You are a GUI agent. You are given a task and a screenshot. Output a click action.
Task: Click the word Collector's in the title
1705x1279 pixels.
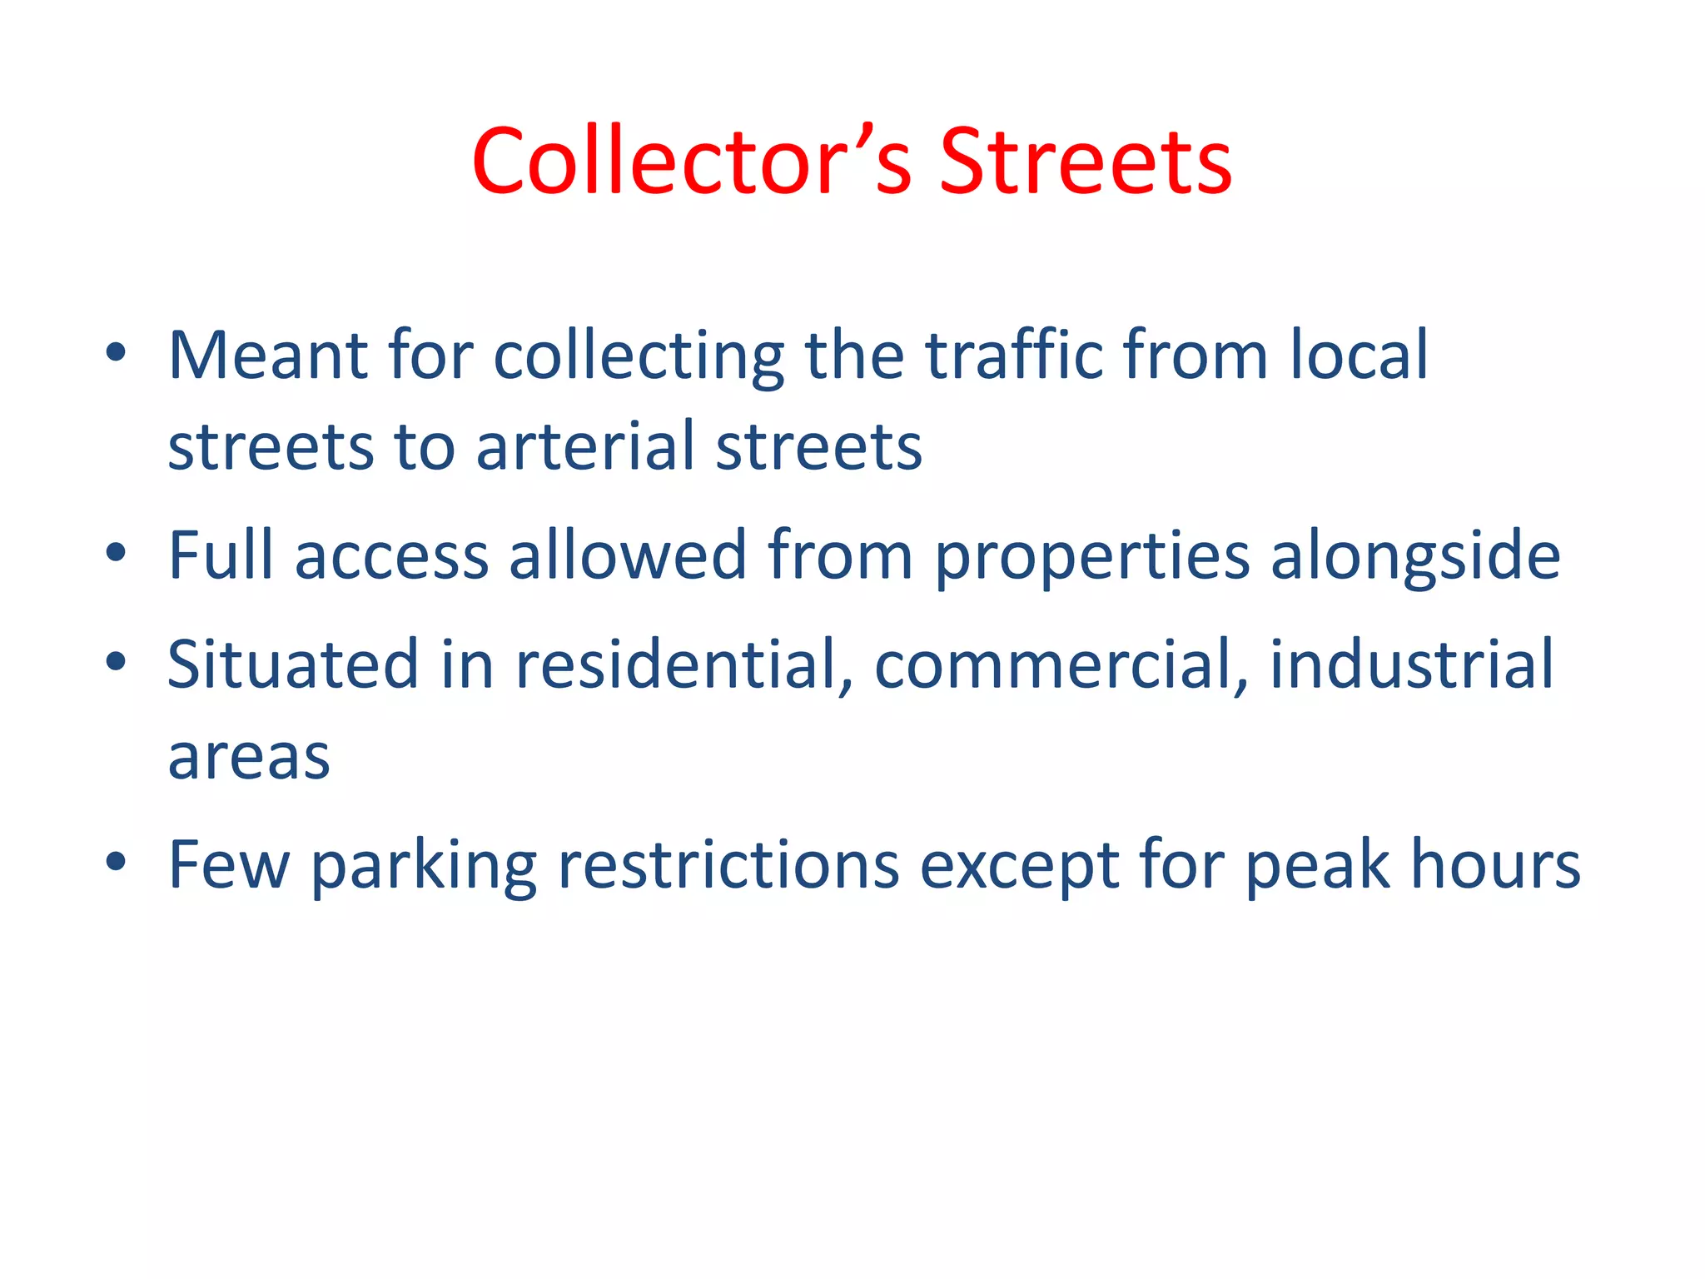tap(693, 162)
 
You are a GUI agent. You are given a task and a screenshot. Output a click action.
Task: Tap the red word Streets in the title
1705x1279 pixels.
tap(1085, 162)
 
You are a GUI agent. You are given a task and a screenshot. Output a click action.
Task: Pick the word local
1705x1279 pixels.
tap(1359, 356)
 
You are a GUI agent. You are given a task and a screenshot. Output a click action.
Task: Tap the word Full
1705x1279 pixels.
tap(221, 555)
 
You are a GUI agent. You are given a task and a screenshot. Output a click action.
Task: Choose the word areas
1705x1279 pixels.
tap(249, 758)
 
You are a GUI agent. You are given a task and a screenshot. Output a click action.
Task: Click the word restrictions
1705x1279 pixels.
tap(728, 866)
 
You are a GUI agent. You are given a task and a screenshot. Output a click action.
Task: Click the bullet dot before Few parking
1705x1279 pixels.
tap(116, 863)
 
